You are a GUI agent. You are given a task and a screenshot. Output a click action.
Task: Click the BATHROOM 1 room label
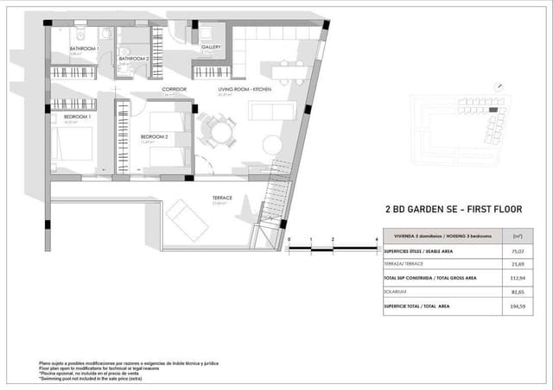[x=83, y=48]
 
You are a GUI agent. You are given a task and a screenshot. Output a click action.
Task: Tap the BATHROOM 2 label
[x=134, y=59]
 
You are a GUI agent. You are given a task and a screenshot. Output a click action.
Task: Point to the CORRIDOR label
[x=175, y=89]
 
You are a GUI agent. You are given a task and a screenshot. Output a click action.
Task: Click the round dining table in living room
[x=217, y=132]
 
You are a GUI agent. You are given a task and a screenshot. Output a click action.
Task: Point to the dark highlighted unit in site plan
[x=493, y=110]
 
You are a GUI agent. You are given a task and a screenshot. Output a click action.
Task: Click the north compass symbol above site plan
[x=499, y=87]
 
